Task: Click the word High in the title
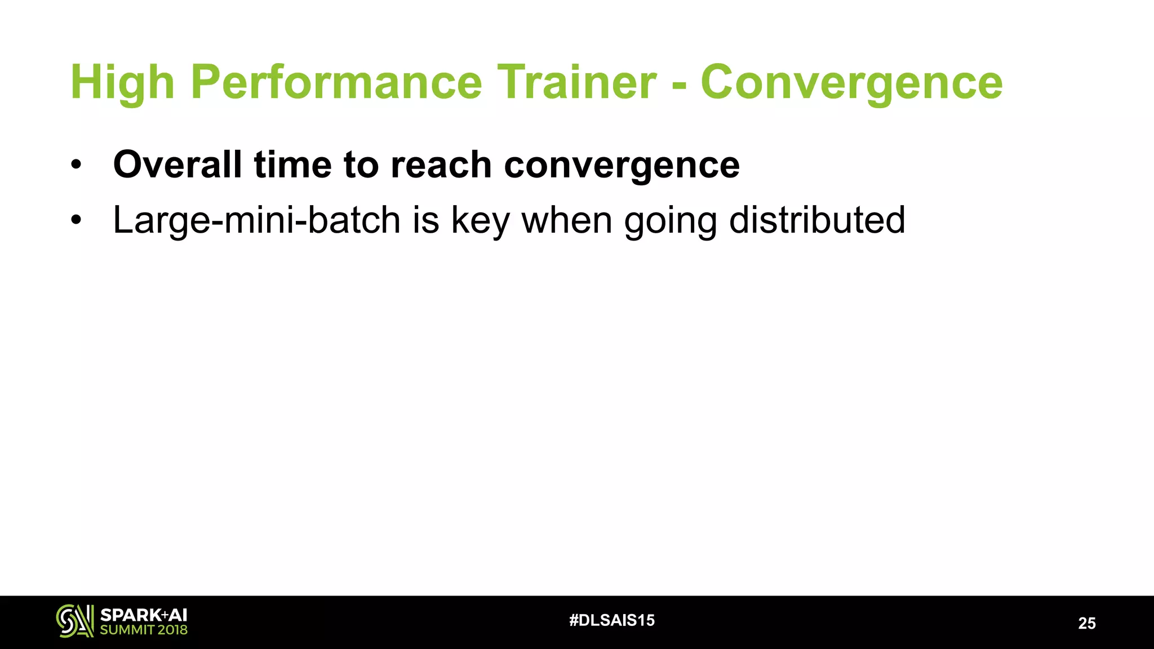[122, 83]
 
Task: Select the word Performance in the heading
[336, 83]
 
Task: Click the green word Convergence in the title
[851, 83]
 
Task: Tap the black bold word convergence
[622, 166]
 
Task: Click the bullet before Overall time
[76, 166]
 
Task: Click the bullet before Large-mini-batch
[76, 220]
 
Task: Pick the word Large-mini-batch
[256, 220]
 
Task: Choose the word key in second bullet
[480, 220]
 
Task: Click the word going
[670, 220]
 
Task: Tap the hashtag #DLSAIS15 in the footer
[612, 621]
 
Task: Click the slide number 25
[1086, 623]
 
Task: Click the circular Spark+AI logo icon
[74, 621]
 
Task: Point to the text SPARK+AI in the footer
[143, 615]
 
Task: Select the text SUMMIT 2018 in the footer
[143, 630]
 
